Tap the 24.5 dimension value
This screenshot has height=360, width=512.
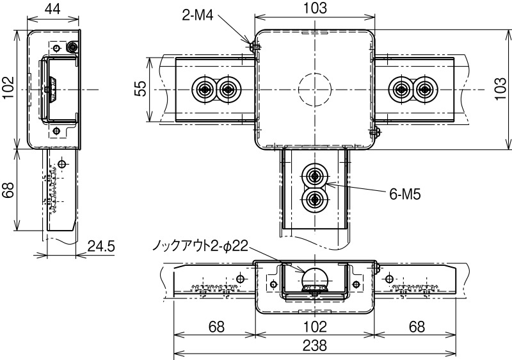click(x=100, y=245)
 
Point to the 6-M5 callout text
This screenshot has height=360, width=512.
click(x=404, y=194)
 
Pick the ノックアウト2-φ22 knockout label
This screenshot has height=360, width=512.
click(x=199, y=245)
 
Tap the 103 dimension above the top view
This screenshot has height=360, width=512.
click(x=314, y=8)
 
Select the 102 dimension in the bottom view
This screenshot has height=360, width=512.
click(x=314, y=327)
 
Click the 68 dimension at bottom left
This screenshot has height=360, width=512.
click(x=216, y=327)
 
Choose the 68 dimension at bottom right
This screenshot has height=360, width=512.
click(x=416, y=327)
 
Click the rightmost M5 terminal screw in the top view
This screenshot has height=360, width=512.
click(x=425, y=89)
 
